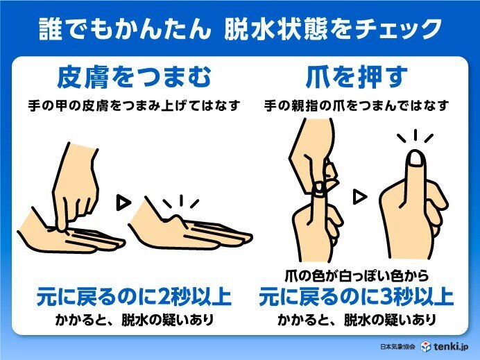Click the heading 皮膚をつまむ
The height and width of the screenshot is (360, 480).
[x=132, y=77]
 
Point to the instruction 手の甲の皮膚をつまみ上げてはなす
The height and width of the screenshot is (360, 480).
[x=132, y=107]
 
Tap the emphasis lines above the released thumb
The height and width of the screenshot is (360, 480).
[x=417, y=135]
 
